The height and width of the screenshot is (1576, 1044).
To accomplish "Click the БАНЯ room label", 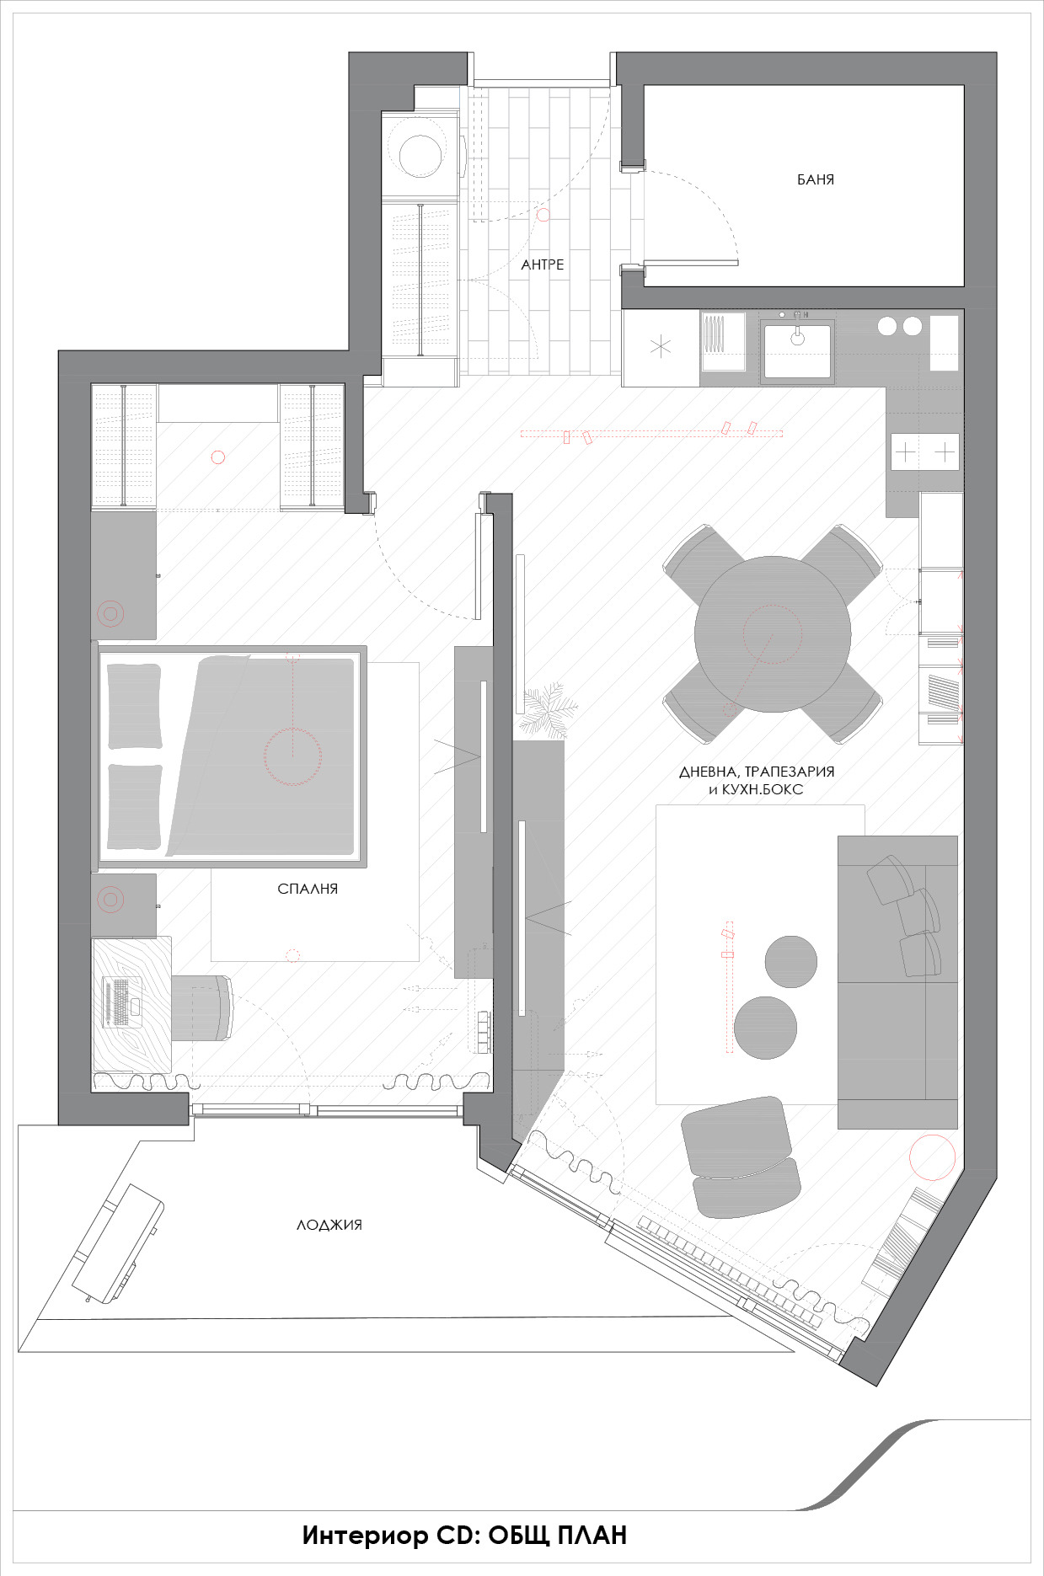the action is (x=815, y=179).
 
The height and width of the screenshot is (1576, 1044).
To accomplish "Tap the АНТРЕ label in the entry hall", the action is (x=543, y=264).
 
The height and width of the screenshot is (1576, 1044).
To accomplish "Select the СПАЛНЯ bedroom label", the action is (x=308, y=889).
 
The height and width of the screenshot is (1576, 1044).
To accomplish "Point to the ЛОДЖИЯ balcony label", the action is (x=329, y=1225).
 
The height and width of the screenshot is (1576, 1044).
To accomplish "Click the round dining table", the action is (x=773, y=634).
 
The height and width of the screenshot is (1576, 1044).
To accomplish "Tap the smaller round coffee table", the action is (x=790, y=961).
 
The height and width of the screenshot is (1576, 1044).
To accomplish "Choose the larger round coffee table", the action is (x=765, y=1028).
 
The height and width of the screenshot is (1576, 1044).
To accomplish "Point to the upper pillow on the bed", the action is (x=135, y=706).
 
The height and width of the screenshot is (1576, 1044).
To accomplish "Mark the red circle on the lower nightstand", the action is (x=110, y=900).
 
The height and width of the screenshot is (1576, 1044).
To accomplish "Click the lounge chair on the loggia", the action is (x=117, y=1242).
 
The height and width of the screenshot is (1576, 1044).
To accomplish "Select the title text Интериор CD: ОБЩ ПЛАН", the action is (x=464, y=1536).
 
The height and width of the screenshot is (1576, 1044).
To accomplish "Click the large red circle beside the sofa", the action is (x=932, y=1157).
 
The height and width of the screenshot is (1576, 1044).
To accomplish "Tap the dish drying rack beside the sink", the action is (x=723, y=341).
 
